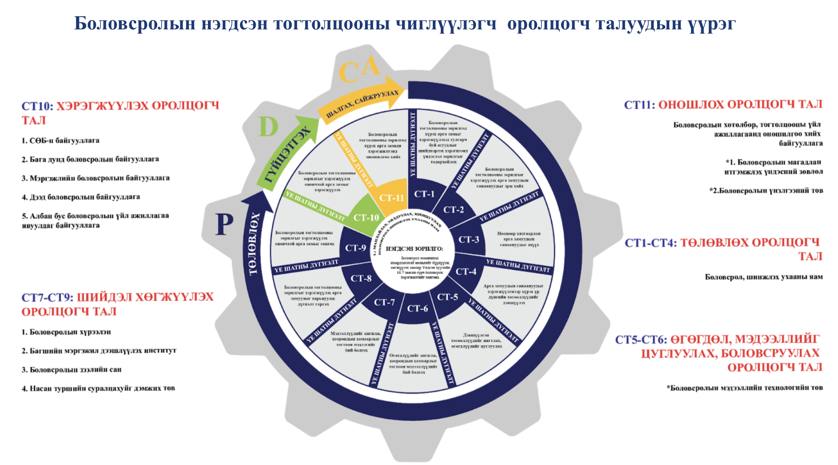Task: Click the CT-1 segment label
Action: (424, 194)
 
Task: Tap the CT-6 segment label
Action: (417, 308)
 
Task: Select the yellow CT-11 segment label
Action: (391, 198)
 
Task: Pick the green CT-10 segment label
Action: (366, 217)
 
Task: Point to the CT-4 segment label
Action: (466, 271)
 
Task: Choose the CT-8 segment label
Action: (361, 278)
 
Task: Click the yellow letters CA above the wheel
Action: (359, 70)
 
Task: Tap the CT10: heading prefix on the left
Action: (37, 106)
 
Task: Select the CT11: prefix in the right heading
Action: (639, 105)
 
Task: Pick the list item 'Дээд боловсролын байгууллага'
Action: (81, 197)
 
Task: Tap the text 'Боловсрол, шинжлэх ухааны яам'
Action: (764, 277)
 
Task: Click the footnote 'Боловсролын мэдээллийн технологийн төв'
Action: (744, 387)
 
